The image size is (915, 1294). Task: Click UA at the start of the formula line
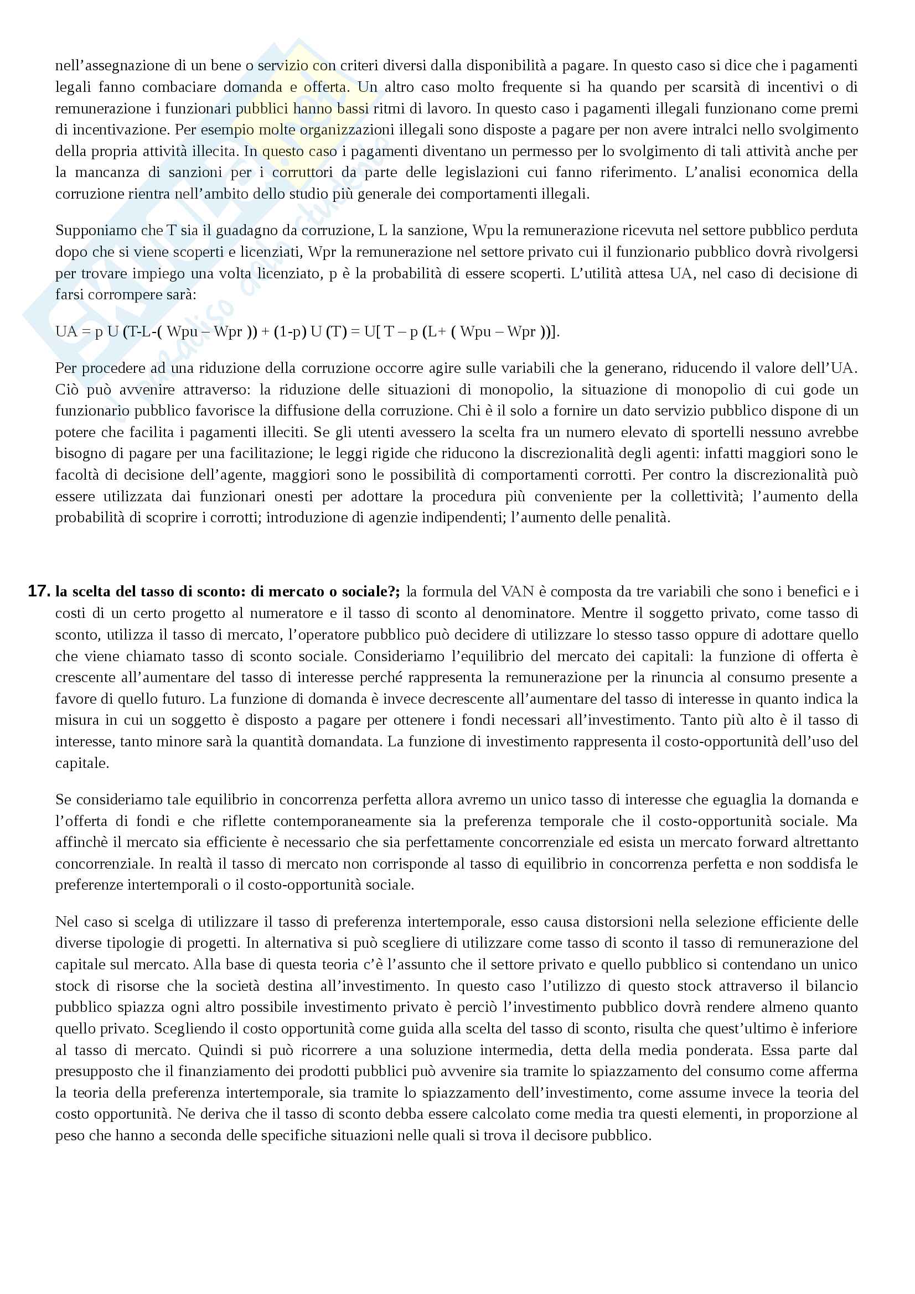point(66,331)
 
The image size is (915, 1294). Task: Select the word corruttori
point(304,173)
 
